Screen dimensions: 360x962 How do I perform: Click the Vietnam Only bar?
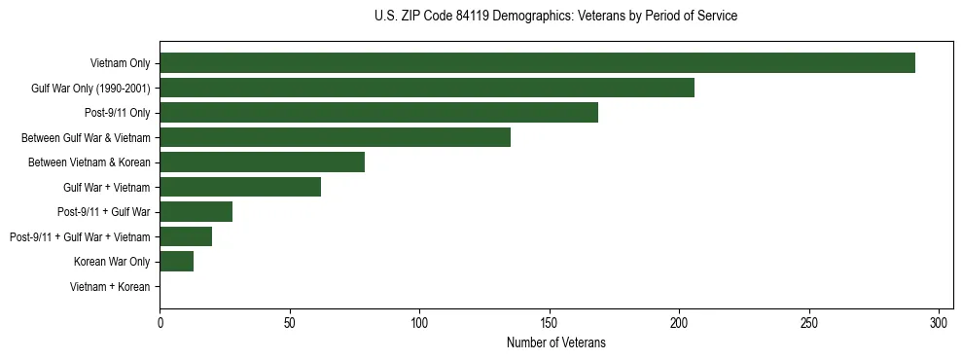point(537,63)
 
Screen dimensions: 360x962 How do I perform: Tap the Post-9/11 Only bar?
point(378,113)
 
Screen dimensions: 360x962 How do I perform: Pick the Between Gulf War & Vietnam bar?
point(335,137)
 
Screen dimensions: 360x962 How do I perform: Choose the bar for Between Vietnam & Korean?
point(262,162)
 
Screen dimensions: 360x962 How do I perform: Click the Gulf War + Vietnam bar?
point(240,187)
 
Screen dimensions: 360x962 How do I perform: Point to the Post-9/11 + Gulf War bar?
point(196,212)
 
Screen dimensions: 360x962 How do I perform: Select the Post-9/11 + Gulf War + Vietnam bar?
point(186,236)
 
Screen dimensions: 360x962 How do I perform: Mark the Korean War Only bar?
point(176,262)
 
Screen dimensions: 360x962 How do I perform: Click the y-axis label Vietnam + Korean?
point(110,287)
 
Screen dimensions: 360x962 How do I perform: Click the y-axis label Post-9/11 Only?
point(117,113)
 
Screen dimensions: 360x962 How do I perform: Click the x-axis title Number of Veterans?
point(555,342)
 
